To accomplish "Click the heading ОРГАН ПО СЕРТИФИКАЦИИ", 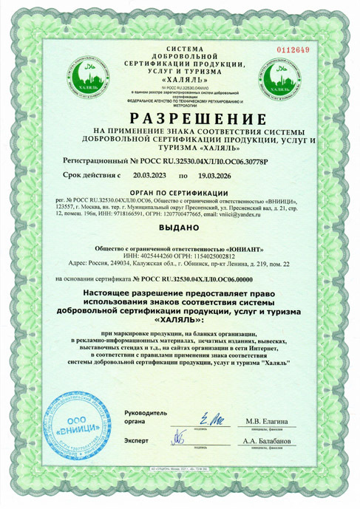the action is pos(180,192).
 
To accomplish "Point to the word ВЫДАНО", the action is pos(180,228).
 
